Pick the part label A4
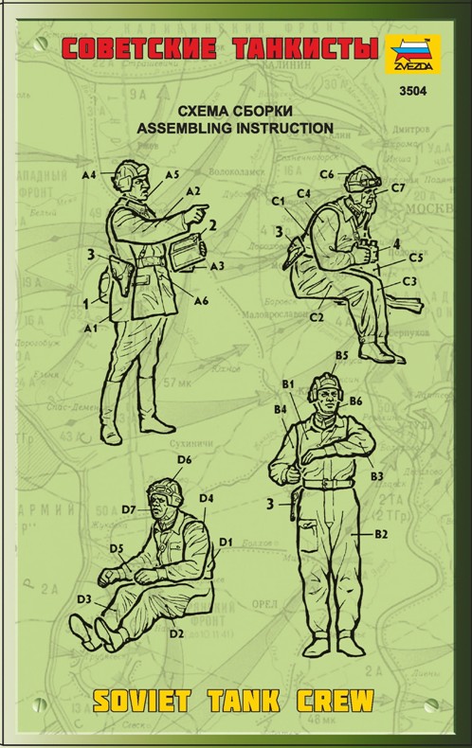click(x=90, y=174)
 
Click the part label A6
click(x=201, y=300)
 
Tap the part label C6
click(x=326, y=174)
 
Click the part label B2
click(x=382, y=535)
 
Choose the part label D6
click(x=185, y=459)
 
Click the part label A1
click(x=91, y=328)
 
